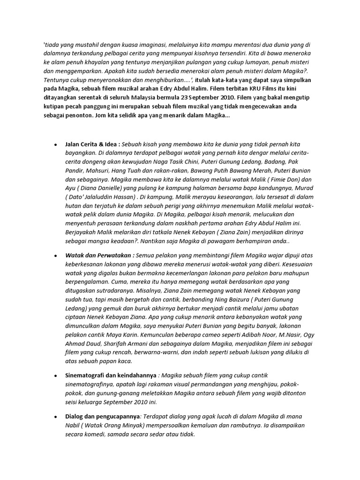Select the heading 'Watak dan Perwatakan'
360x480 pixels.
(x=100, y=255)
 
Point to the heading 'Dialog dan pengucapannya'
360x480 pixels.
(x=102, y=416)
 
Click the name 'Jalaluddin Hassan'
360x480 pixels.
(x=112, y=197)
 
